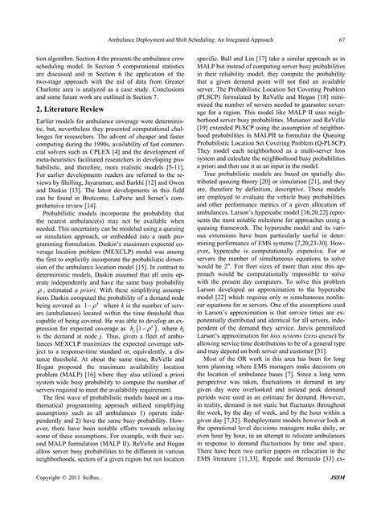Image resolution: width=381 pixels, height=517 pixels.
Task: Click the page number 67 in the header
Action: (342, 39)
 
